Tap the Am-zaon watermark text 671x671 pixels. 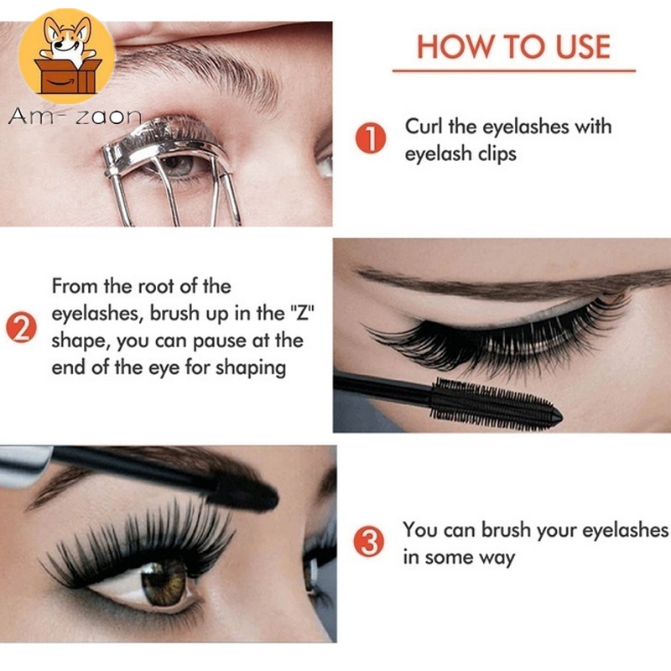pyautogui.click(x=75, y=118)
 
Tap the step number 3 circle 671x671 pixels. pyautogui.click(x=371, y=544)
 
